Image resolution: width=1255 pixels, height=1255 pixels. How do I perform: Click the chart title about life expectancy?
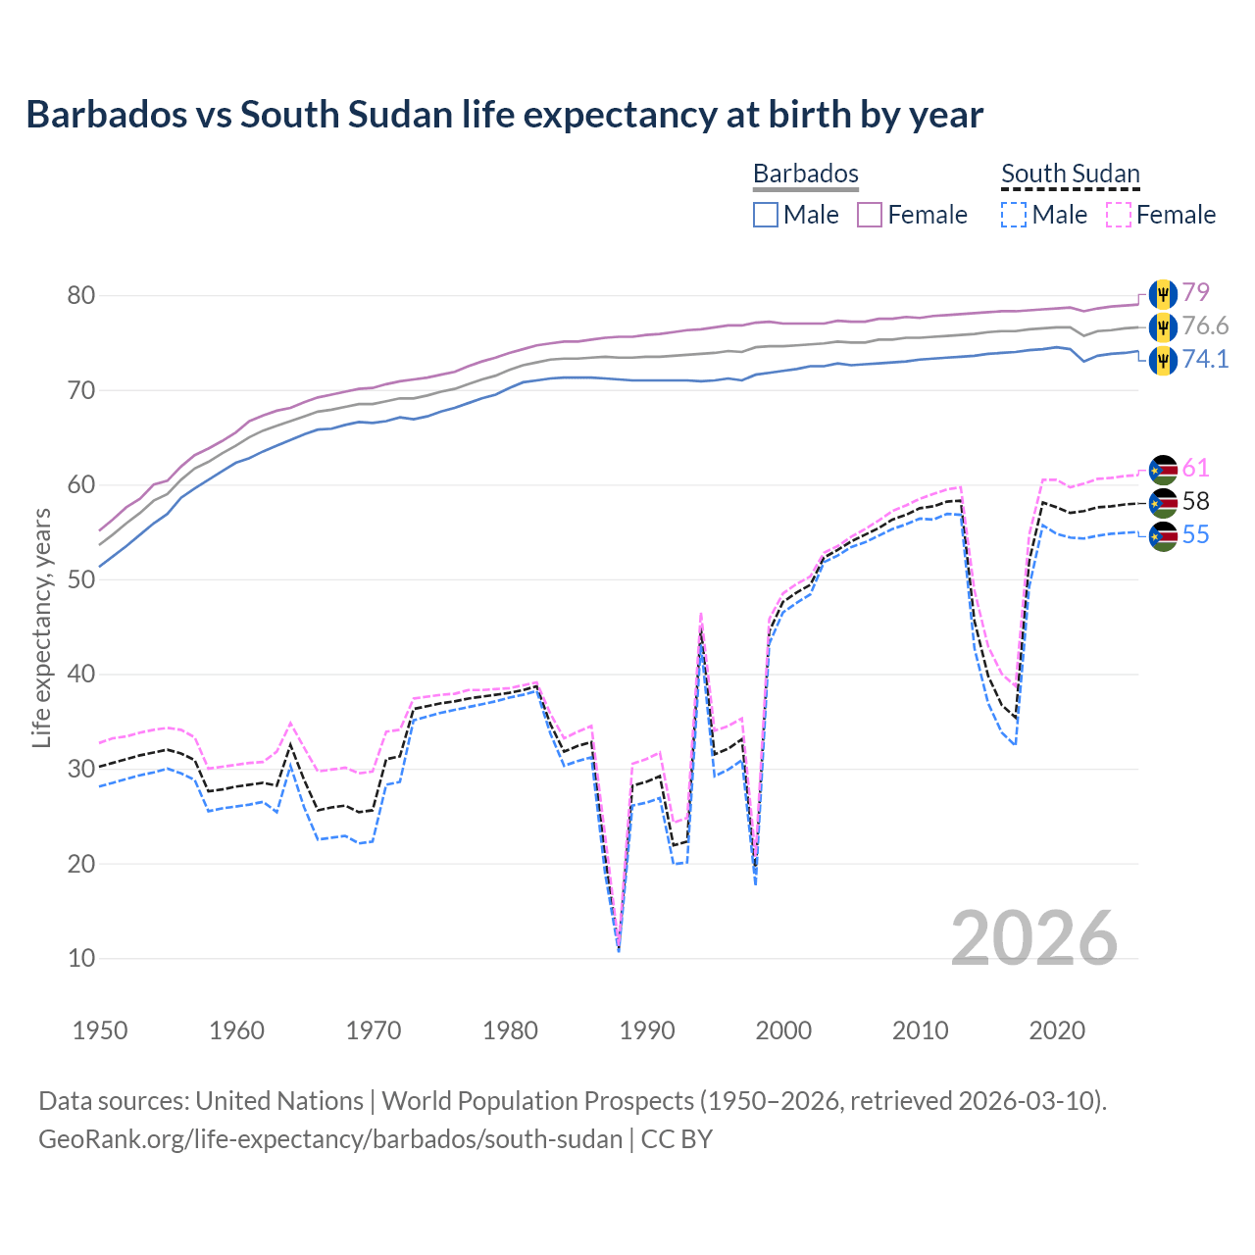[504, 115]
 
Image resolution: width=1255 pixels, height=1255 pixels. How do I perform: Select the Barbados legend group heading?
[805, 174]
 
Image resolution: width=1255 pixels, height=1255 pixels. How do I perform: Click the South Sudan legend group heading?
[1070, 174]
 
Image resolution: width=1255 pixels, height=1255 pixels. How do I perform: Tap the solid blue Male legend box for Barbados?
[766, 215]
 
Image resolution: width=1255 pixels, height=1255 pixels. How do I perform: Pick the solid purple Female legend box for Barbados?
[870, 215]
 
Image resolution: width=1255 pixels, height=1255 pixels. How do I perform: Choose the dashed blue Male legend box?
[1014, 215]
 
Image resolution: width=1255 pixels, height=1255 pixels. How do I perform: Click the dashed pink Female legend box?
[1119, 215]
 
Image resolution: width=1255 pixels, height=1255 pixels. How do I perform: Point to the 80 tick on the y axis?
[81, 295]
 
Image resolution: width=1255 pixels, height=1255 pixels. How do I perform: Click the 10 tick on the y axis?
[81, 958]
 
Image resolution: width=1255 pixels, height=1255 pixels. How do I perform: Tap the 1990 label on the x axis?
[647, 1030]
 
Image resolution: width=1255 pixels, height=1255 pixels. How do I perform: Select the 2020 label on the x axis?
[1057, 1030]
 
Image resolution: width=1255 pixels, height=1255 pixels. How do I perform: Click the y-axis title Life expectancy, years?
[41, 627]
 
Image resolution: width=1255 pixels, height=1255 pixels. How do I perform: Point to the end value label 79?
[1195, 292]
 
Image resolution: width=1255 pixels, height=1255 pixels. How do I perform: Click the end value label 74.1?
[1205, 359]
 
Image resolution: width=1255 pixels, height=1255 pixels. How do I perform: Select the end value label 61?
[1195, 468]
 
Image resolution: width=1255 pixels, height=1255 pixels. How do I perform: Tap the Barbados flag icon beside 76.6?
[1163, 326]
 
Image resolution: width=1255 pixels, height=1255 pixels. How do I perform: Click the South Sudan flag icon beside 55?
[1163, 535]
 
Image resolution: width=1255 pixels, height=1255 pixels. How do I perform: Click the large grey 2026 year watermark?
[1033, 938]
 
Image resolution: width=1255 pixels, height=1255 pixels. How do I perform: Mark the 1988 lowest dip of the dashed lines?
[619, 947]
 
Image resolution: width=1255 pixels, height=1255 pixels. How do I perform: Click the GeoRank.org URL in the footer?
[330, 1139]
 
